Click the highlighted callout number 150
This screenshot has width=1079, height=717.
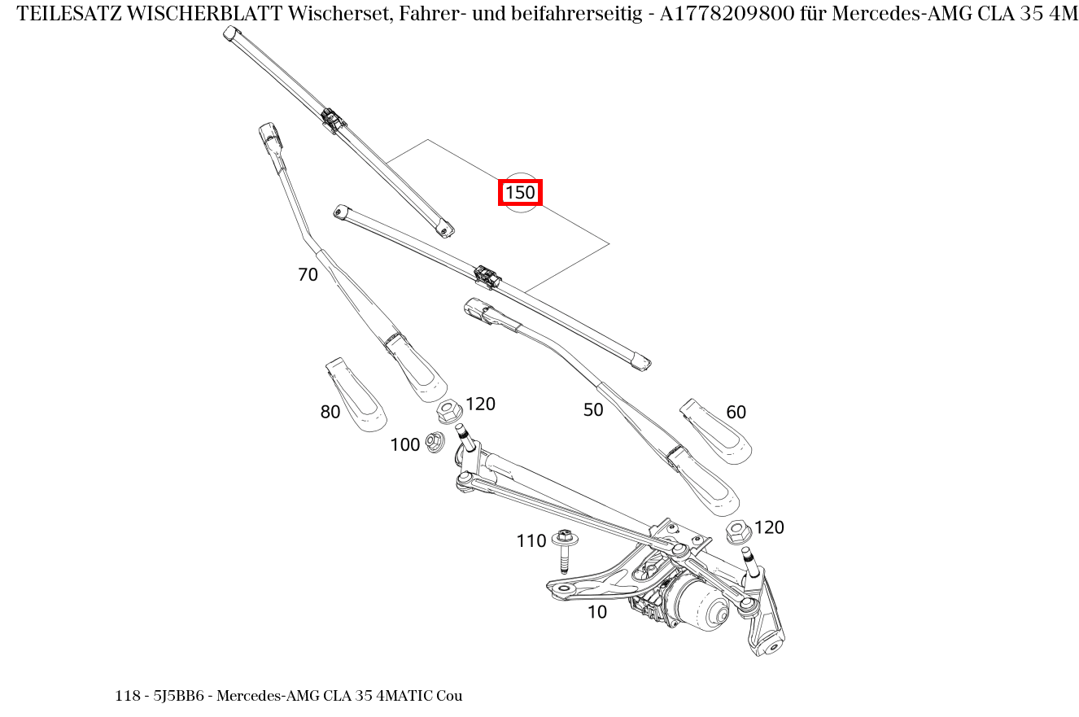tap(520, 193)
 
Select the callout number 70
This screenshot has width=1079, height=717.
tap(308, 275)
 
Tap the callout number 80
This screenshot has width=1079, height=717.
tap(330, 413)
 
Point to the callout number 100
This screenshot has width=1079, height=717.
tap(404, 444)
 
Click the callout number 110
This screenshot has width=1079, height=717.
tap(531, 541)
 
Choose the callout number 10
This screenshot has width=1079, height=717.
tap(597, 612)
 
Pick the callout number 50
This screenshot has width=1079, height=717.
tap(593, 410)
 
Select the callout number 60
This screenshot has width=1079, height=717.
tap(736, 413)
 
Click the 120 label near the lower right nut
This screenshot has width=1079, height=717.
tap(769, 527)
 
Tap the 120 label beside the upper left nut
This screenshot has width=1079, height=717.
tap(480, 404)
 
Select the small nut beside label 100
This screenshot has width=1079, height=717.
tap(435, 443)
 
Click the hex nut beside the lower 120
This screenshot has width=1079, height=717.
tap(738, 532)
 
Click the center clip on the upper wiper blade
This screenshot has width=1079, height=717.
tap(333, 120)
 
